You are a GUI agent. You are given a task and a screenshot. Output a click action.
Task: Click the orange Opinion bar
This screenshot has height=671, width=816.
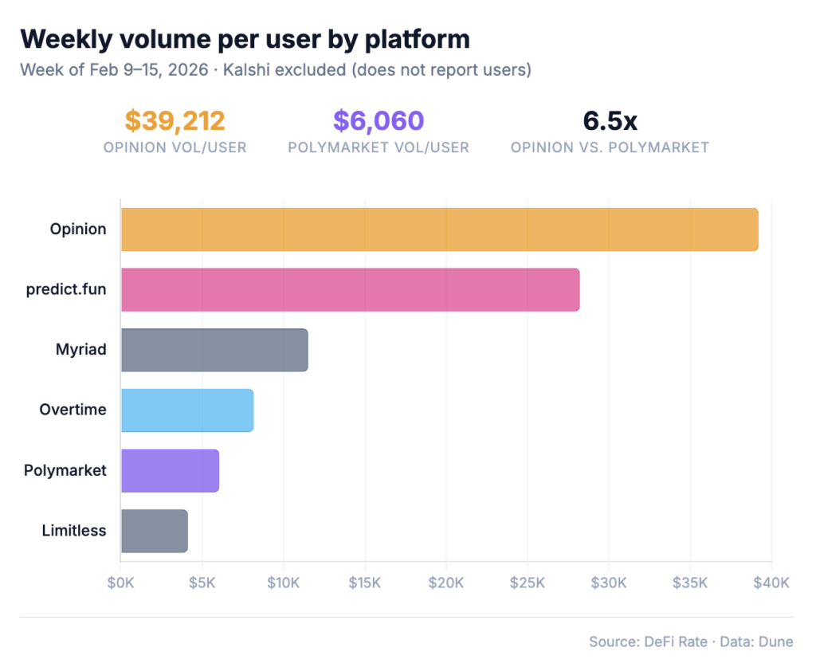coord(439,230)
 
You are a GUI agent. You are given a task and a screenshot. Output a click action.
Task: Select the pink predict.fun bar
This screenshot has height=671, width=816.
coord(350,290)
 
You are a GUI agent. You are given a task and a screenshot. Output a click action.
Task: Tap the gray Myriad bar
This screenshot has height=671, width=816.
coord(214,350)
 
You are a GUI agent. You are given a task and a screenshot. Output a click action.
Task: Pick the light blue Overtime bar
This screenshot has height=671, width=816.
coord(187,410)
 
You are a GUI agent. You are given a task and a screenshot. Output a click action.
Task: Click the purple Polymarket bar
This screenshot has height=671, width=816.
coord(170,470)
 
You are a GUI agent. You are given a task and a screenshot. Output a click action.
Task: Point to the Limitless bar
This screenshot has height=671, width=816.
coord(155,531)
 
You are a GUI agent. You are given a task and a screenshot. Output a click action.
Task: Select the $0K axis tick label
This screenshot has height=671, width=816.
coord(121,583)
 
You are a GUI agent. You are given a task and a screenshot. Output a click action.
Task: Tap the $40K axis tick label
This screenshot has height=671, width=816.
coord(771,583)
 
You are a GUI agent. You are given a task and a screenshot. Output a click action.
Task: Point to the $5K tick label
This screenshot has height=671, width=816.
coord(202,583)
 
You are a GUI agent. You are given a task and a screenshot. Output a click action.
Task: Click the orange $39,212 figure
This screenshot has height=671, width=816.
coord(175,121)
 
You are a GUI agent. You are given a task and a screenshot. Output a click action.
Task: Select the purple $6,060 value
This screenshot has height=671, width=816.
coord(379,121)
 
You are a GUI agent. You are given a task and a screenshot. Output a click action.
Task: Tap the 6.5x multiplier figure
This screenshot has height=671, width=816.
coord(610,121)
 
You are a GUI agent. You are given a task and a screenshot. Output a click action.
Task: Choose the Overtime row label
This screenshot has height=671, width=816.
coord(73,410)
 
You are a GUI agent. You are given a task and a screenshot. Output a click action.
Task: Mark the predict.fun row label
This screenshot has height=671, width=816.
coord(66,290)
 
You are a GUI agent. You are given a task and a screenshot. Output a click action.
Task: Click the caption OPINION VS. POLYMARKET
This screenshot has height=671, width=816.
coord(610,147)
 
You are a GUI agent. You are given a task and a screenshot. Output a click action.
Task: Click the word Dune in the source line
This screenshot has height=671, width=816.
coord(776,642)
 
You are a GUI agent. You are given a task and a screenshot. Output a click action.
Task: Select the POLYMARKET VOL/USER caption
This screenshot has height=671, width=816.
coord(379,147)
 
